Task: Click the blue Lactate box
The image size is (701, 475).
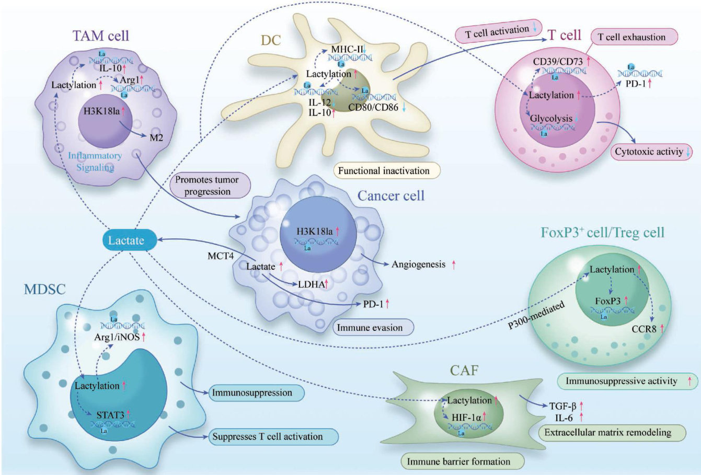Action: point(125,240)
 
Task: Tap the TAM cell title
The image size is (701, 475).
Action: point(101,36)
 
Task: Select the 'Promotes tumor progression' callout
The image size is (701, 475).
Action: point(206,186)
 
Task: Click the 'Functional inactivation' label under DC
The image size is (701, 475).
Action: point(384,171)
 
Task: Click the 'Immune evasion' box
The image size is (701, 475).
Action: point(370,328)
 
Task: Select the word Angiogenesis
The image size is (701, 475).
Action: point(418,264)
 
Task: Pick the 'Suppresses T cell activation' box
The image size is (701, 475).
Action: point(267,436)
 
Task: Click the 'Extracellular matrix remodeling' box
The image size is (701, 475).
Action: point(607,432)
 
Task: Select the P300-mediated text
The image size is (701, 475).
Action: point(536,316)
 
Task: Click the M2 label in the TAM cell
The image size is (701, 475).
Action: point(156,137)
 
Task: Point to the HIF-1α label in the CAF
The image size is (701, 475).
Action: point(458,416)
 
